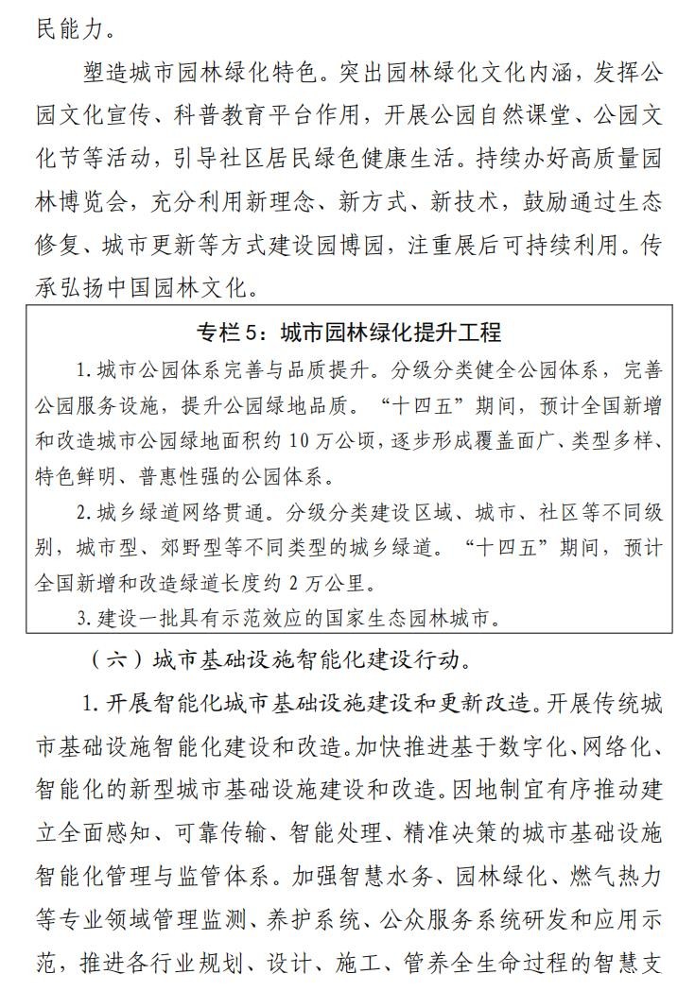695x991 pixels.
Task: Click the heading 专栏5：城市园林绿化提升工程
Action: (x=348, y=332)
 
